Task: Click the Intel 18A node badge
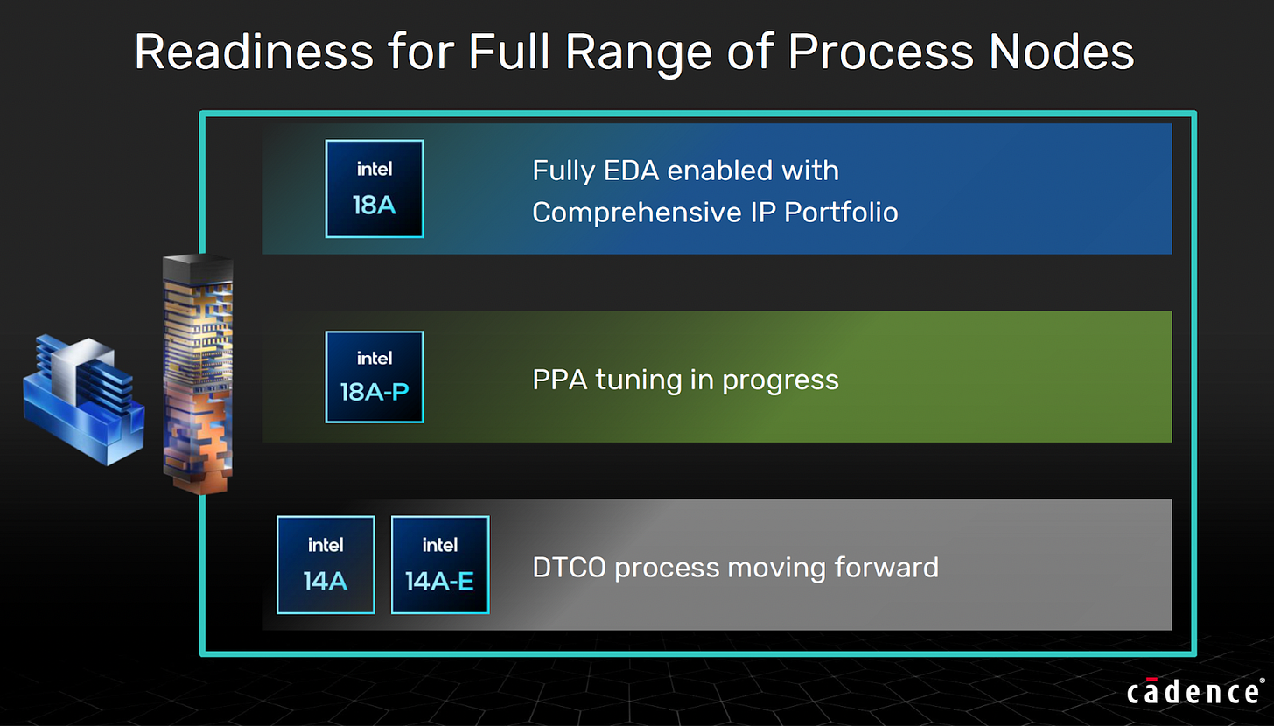pos(374,189)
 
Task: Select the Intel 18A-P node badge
pos(374,377)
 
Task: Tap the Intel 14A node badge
pos(325,564)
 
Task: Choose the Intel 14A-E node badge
pos(440,564)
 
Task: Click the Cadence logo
pos(1195,691)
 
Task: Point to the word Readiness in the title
pos(254,52)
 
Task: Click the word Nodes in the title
pos(1061,52)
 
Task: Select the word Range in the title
pos(638,54)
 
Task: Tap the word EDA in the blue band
pos(631,171)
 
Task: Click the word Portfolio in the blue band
pos(841,212)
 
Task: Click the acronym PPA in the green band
pos(560,380)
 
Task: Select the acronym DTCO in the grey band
pos(569,568)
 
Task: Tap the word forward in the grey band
pos(886,567)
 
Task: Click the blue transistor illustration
pos(84,399)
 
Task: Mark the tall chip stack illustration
pos(198,374)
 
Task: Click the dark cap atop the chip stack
pos(198,267)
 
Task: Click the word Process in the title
pos(880,52)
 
